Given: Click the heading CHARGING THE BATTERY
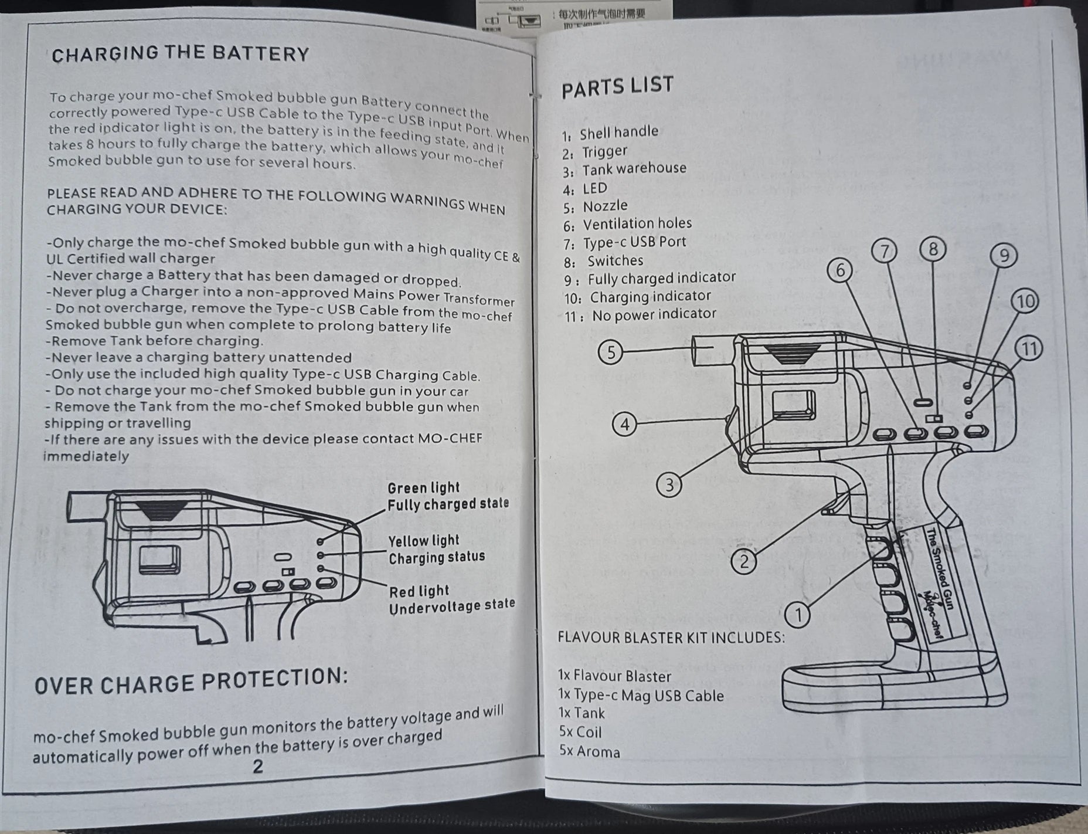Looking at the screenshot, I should pos(180,53).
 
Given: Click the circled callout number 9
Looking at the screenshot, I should pos(1004,256).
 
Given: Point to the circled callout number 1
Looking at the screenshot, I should pos(797,615).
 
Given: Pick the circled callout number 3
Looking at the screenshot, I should pos(669,484).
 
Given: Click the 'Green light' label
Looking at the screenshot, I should pos(423,487).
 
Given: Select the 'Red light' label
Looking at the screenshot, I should pos(419,591).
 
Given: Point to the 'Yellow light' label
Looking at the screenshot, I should pos(424,540).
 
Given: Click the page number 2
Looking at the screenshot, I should pos(257,766).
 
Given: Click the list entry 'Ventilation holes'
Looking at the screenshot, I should pos(637,223).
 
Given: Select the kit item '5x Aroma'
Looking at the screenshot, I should pos(589,751).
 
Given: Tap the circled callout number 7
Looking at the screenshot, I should pos(885,251).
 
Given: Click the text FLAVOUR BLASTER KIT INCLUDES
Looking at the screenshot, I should pos(671,637).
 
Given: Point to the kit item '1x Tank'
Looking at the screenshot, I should pos(582,713).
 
